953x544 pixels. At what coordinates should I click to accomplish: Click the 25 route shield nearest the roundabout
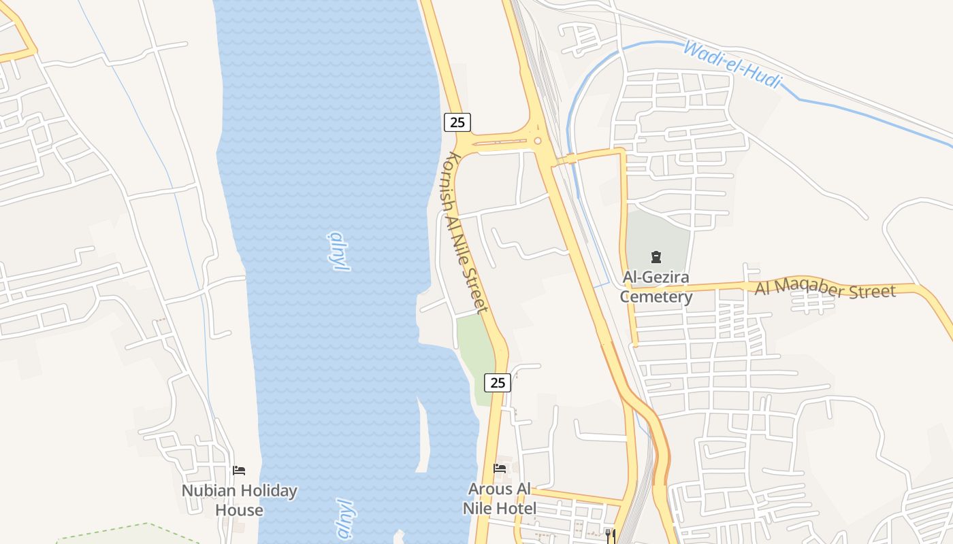[457, 122]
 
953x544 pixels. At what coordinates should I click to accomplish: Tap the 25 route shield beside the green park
[498, 383]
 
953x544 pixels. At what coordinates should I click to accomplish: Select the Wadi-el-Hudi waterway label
[732, 65]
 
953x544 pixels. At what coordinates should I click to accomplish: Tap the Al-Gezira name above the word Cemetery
[656, 277]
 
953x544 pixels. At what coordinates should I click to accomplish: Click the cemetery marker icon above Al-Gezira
[656, 257]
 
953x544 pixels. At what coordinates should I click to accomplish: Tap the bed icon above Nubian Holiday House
[239, 470]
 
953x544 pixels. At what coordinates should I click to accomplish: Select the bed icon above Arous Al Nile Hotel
[500, 469]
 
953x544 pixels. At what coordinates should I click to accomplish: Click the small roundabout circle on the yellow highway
[537, 141]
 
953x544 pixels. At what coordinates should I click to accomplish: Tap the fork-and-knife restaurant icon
[610, 534]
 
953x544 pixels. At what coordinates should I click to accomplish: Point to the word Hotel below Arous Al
[517, 508]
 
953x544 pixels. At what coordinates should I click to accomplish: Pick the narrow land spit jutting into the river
[423, 435]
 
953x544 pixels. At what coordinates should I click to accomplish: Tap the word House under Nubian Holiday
[240, 510]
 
